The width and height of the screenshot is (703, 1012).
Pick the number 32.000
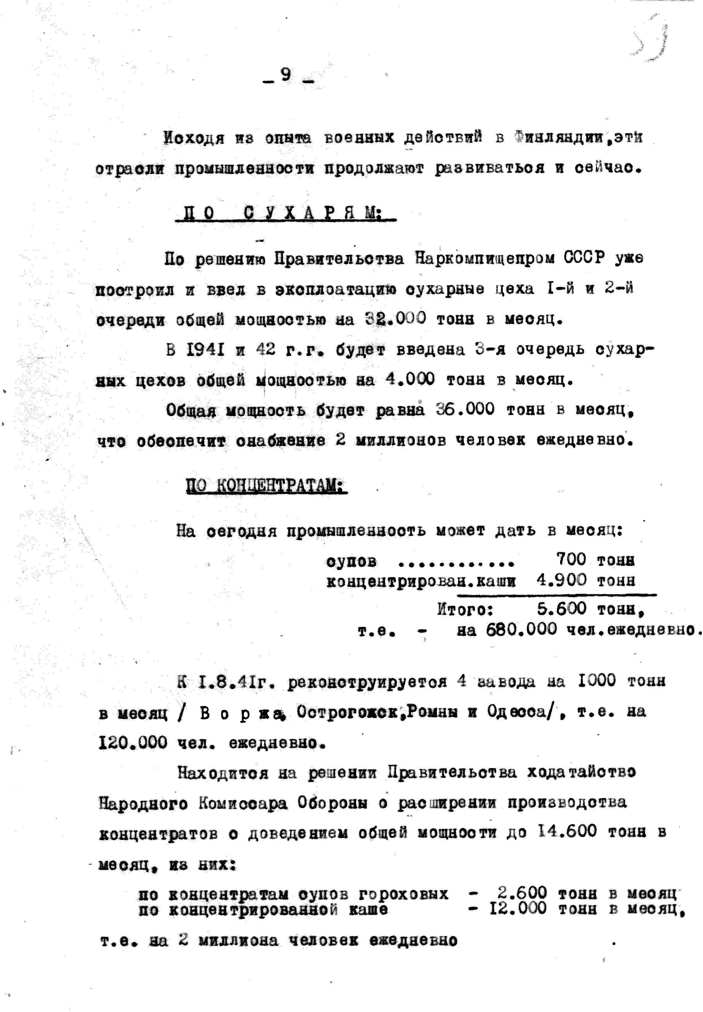[x=395, y=318]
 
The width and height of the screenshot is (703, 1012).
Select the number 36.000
[x=465, y=410]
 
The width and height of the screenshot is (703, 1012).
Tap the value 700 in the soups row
[x=571, y=559]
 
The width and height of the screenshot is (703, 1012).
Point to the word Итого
[x=465, y=610]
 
